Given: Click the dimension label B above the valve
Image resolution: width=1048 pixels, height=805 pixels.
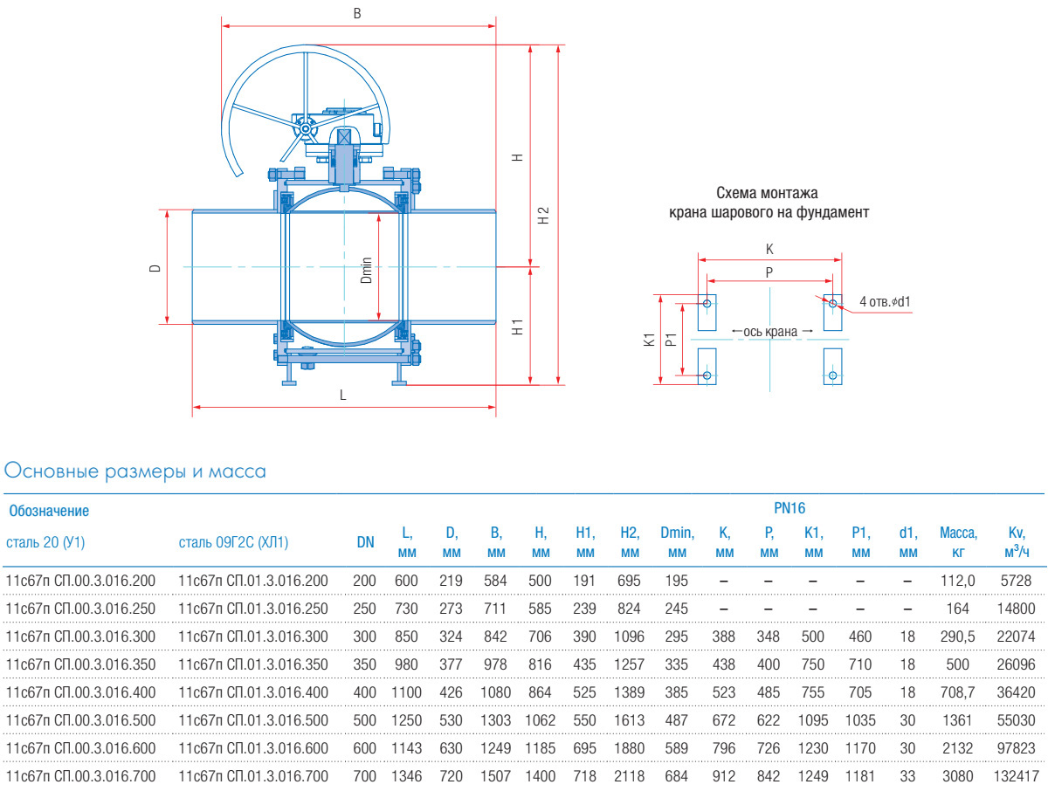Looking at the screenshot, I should [356, 14].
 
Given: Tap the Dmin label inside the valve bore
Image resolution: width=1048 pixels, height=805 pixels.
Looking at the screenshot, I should [367, 270].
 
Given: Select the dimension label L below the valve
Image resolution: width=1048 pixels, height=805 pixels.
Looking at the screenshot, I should [343, 395].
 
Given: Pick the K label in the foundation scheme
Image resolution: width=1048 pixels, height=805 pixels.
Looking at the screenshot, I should [769, 249].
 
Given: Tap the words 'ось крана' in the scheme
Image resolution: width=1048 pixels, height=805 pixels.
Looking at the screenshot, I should [770, 331].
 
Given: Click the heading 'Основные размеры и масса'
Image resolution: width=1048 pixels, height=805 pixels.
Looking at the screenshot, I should [135, 471].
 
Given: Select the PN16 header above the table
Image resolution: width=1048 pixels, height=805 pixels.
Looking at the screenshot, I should [789, 507].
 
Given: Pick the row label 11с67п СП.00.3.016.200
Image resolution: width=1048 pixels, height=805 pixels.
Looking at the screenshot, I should [80, 581].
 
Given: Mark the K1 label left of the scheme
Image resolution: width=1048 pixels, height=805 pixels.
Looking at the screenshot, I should [648, 339].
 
